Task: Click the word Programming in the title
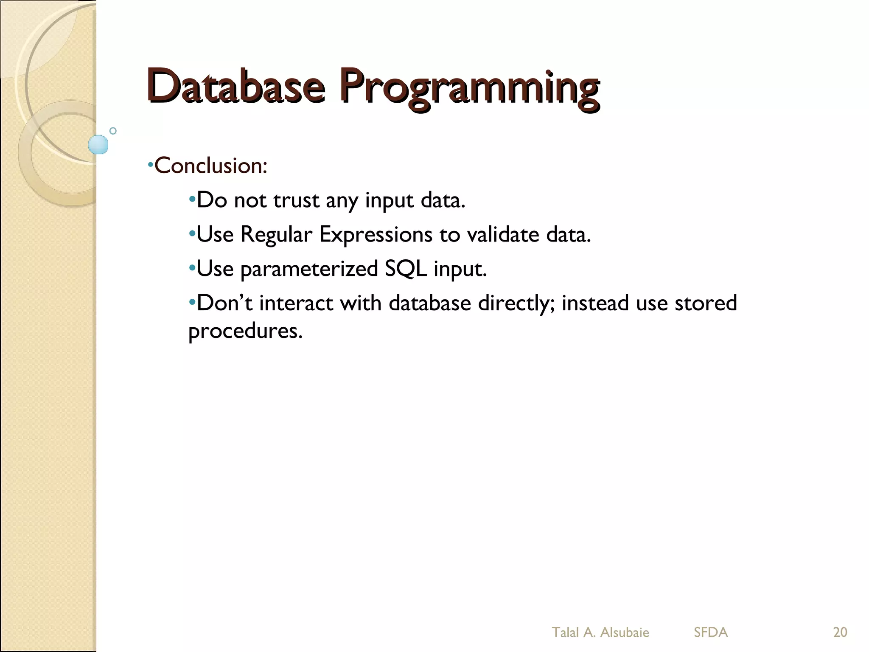click(x=469, y=89)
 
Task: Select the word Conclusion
click(x=210, y=166)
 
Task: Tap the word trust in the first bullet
click(x=296, y=200)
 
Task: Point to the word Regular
click(x=276, y=235)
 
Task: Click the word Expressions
click(x=376, y=235)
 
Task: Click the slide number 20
click(x=840, y=632)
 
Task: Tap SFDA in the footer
click(x=711, y=632)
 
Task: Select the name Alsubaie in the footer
click(x=625, y=632)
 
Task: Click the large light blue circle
click(x=98, y=144)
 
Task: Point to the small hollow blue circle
click(x=113, y=131)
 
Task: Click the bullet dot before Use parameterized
click(x=192, y=268)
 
